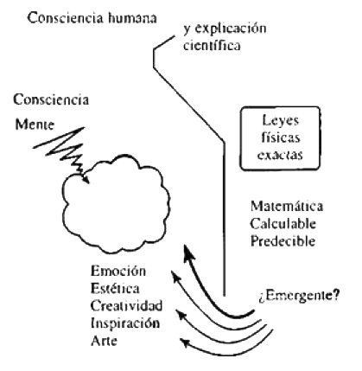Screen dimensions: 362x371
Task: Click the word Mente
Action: pyautogui.click(x=35, y=125)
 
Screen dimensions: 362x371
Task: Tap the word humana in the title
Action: pyautogui.click(x=133, y=18)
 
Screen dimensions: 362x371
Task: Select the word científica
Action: pyautogui.click(x=212, y=46)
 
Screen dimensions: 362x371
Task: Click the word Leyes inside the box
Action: pyautogui.click(x=281, y=120)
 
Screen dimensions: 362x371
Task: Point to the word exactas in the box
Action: pyautogui.click(x=280, y=155)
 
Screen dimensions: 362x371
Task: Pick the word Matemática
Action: pyautogui.click(x=287, y=207)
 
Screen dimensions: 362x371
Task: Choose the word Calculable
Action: pyautogui.click(x=283, y=224)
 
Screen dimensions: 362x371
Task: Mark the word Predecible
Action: pyautogui.click(x=283, y=241)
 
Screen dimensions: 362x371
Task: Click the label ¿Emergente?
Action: pyautogui.click(x=299, y=296)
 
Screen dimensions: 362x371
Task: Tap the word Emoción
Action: pyautogui.click(x=118, y=271)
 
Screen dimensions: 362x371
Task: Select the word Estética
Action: pyautogui.click(x=115, y=288)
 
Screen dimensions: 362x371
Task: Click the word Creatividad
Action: pyautogui.click(x=126, y=305)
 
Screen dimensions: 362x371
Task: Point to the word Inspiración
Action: pyautogui.click(x=125, y=323)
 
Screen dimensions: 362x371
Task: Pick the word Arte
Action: pyautogui.click(x=104, y=341)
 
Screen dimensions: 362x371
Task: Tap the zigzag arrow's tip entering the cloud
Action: pyautogui.click(x=89, y=183)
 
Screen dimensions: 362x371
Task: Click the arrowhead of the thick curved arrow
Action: pyautogui.click(x=188, y=252)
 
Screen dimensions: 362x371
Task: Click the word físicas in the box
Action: pyautogui.click(x=281, y=138)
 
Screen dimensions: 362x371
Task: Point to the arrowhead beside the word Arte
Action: pyautogui.click(x=184, y=342)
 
